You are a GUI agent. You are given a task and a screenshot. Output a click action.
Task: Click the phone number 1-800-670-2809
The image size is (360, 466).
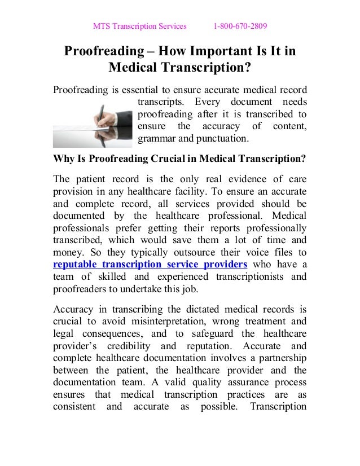240,26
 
